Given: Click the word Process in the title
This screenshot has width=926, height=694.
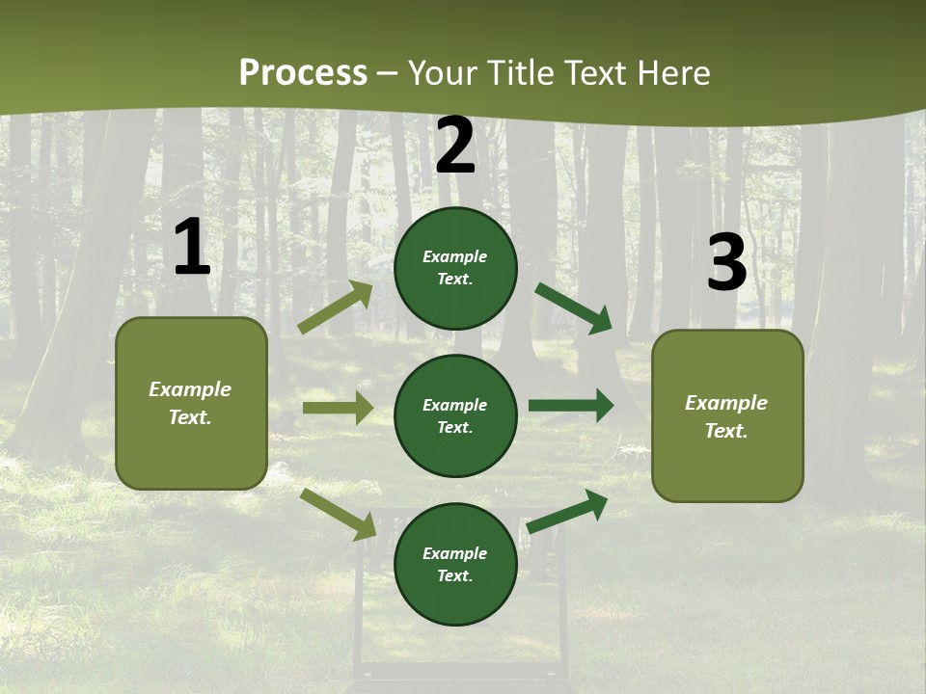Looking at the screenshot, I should point(303,73).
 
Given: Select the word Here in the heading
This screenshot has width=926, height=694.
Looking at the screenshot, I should point(675,73).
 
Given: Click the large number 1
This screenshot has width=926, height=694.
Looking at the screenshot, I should point(192,248).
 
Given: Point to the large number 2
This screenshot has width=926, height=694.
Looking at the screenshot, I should point(455,146).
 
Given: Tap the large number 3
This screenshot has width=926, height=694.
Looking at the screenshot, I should point(726,262).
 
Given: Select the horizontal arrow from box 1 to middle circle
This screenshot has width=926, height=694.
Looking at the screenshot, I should point(338,408).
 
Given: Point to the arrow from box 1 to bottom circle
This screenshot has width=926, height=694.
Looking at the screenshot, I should point(338,513).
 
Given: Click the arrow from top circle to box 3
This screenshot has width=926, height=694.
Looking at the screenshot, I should point(573,307).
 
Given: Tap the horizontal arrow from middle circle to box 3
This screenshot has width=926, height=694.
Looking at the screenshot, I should point(570,405).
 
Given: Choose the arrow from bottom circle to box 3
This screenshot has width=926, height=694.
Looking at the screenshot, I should point(567,512).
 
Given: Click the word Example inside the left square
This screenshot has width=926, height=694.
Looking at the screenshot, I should point(190,389).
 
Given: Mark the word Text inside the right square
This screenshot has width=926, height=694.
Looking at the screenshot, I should point(725,431).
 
